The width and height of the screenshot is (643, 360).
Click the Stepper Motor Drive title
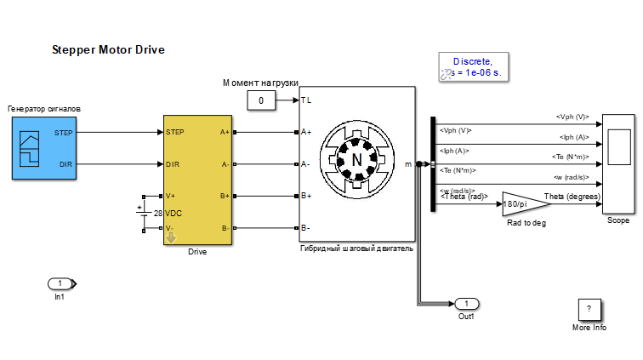coord(108,50)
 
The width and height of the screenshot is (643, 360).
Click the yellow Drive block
coord(197,180)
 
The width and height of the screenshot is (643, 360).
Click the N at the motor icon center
coord(357,158)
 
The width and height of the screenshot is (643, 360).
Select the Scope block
coord(618,163)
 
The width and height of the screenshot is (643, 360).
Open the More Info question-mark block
coord(589,310)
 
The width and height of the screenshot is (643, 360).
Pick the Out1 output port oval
coord(466,303)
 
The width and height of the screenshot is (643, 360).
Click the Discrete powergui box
coord(472,67)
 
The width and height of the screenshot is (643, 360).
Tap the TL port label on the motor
coord(306,100)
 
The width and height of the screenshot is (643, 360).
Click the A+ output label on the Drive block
coord(225,132)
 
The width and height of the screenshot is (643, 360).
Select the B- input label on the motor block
coord(306,228)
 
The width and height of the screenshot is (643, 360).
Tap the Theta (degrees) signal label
coord(572,197)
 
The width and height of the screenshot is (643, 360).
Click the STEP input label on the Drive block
coord(175,132)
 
